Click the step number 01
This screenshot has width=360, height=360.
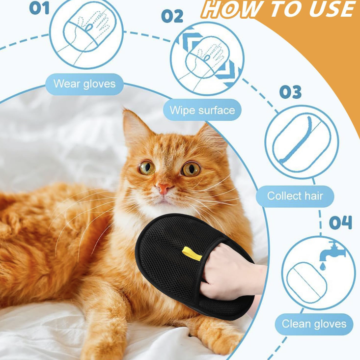(x=39, y=8)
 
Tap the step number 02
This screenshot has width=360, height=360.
(x=172, y=16)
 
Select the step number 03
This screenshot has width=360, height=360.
(x=290, y=92)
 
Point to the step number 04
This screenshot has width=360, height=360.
(x=340, y=222)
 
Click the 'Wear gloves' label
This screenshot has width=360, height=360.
(x=84, y=84)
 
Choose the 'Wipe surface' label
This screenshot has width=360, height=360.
(x=202, y=110)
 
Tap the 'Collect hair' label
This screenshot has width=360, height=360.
(x=295, y=196)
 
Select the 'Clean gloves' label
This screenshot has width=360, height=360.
(x=314, y=324)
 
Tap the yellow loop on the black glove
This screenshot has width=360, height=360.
(x=192, y=253)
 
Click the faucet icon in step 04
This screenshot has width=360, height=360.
(x=332, y=251)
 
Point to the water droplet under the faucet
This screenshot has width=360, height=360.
(x=323, y=266)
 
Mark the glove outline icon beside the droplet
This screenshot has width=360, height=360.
(x=306, y=282)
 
